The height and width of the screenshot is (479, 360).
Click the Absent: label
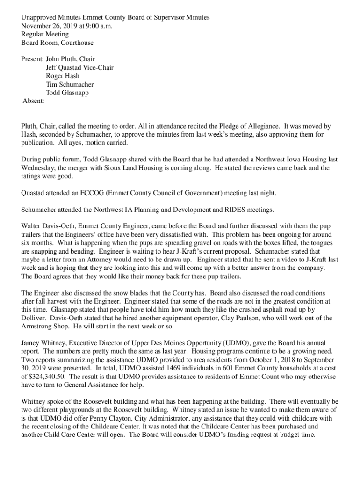(33, 101)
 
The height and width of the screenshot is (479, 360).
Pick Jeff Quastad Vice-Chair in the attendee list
(79, 67)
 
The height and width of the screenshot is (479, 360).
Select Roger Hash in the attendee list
(63, 76)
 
